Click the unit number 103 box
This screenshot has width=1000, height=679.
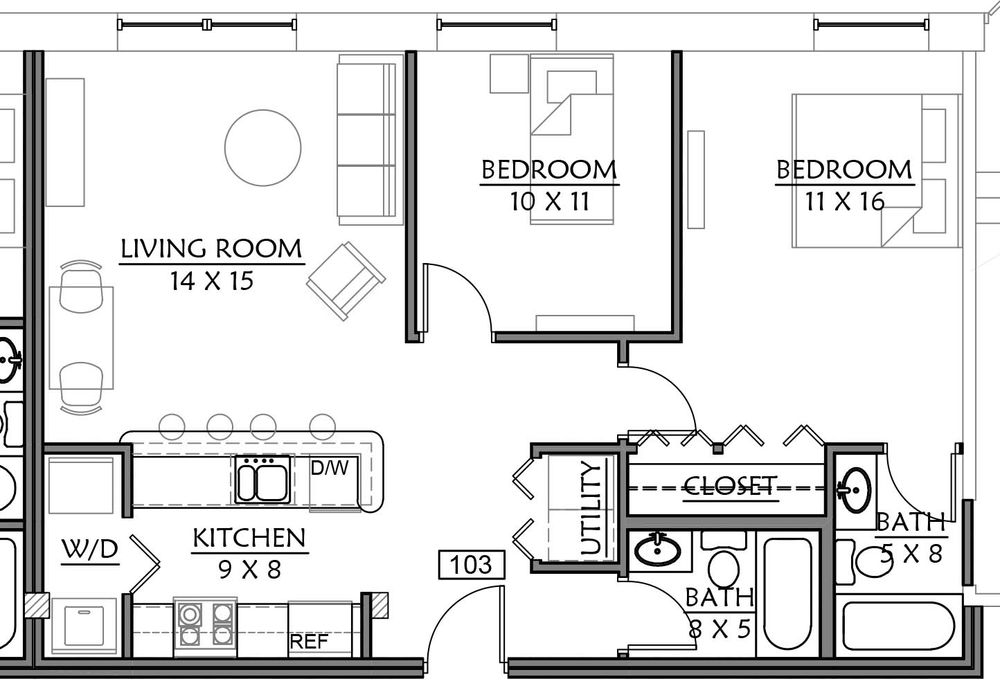click(472, 565)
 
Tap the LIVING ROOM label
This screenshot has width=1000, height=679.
click(212, 249)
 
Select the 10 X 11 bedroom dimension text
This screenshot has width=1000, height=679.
click(550, 201)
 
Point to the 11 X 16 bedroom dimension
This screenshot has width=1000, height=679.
click(845, 201)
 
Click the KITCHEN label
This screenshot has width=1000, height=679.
click(249, 538)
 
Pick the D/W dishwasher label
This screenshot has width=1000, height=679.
click(330, 468)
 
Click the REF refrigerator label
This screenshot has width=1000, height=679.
click(309, 642)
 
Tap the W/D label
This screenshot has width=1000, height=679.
click(90, 549)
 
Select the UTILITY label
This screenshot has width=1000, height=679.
click(590, 508)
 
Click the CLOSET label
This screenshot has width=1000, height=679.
click(729, 485)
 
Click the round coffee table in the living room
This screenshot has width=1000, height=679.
click(263, 147)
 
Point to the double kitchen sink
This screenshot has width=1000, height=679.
click(262, 480)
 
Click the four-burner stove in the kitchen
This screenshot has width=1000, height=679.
click(206, 627)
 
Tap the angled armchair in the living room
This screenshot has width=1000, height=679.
click(346, 281)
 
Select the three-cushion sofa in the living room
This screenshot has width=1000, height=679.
click(370, 140)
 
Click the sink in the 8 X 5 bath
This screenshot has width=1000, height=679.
click(658, 552)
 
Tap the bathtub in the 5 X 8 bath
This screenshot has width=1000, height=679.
click(898, 627)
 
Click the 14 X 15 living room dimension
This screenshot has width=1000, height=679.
click(212, 281)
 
